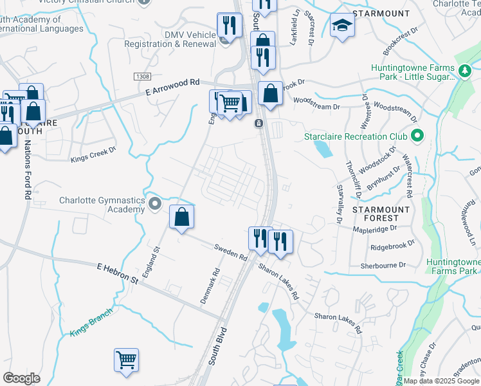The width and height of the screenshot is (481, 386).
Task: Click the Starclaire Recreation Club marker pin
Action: click(x=417, y=136)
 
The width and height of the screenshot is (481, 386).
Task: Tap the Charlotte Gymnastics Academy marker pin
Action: click(x=154, y=205)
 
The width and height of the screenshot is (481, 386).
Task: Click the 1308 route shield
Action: click(x=143, y=77)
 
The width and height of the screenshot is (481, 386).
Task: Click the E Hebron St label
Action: click(x=118, y=273)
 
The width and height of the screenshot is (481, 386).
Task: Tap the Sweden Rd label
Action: click(x=231, y=252)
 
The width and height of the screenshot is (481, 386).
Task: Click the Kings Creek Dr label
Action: click(x=93, y=153)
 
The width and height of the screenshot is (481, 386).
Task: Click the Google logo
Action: click(x=21, y=378)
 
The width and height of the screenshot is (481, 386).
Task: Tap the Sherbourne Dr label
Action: click(x=384, y=264)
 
